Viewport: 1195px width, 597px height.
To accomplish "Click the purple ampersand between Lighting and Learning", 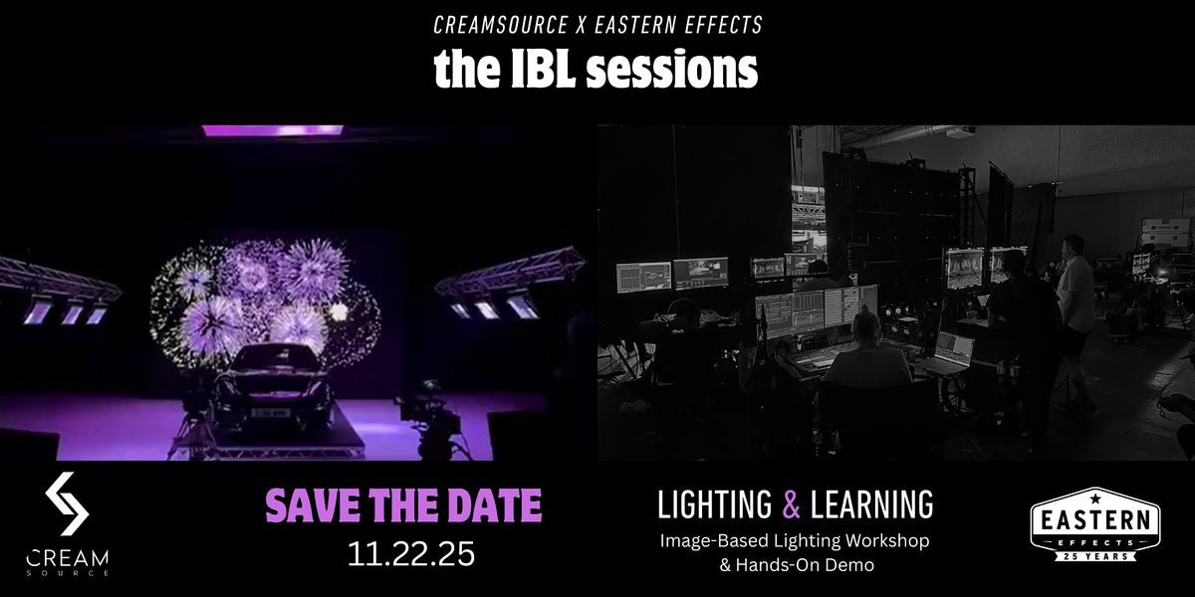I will [x=792, y=505].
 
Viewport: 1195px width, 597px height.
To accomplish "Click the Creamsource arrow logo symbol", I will [x=68, y=503].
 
